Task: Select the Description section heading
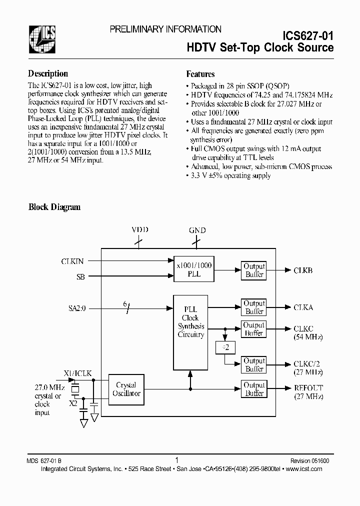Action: coord(48,73)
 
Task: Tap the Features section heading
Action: coord(200,74)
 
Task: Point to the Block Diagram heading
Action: coord(54,207)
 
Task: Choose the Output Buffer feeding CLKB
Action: coord(254,270)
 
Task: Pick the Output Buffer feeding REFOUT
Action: coord(254,389)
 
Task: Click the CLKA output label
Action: coord(303,307)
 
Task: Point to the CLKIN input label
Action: coord(72,260)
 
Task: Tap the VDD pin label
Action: coord(139,230)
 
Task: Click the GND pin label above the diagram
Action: coord(197,230)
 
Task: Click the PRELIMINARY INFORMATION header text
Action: coord(165,29)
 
